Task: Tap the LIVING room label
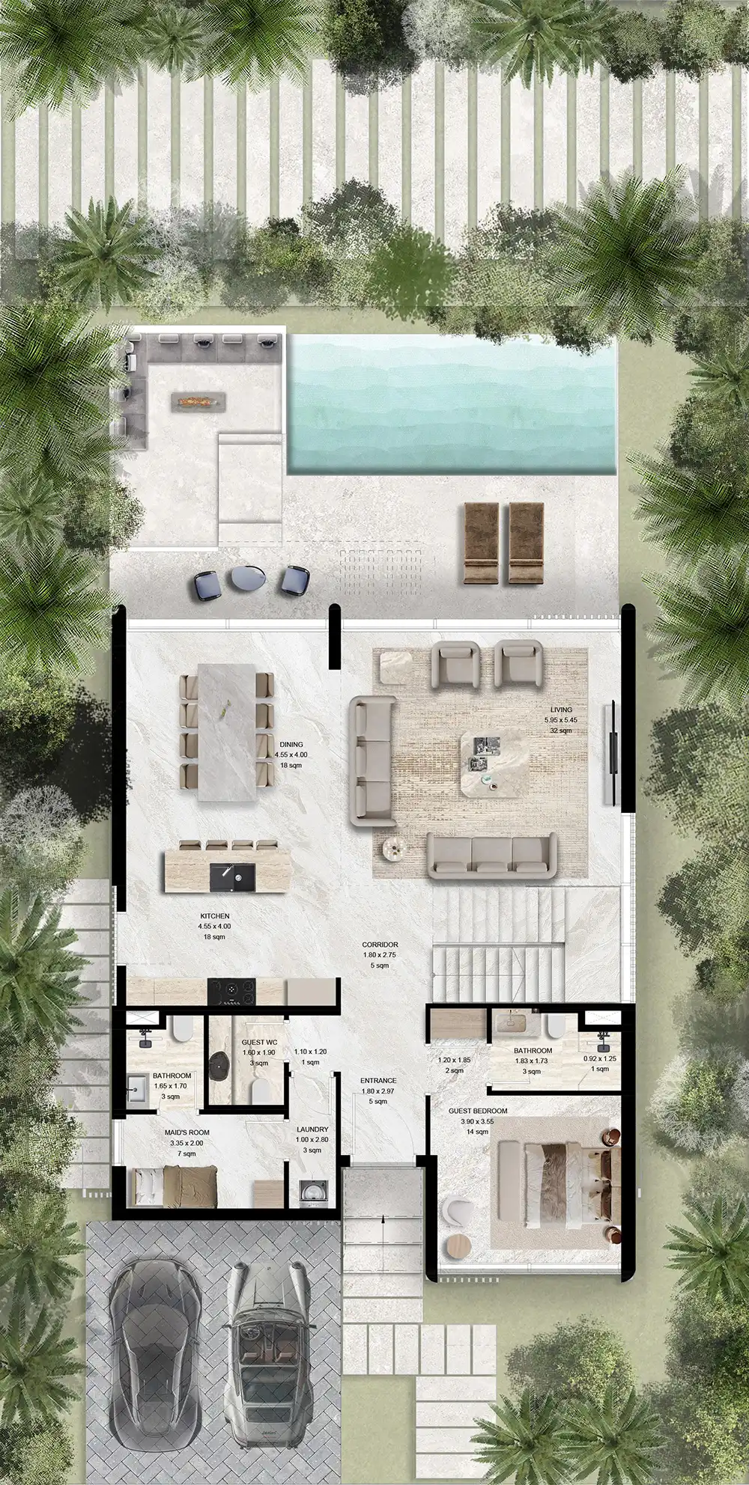[x=560, y=710]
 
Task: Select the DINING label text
[x=291, y=745]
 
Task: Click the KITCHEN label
[x=214, y=916]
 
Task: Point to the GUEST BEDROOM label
[x=478, y=1111]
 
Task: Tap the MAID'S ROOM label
[x=187, y=1132]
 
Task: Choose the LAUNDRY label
[x=312, y=1129]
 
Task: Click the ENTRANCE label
[x=377, y=1081]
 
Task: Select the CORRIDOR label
[x=379, y=945]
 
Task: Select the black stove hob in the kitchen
[x=231, y=991]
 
